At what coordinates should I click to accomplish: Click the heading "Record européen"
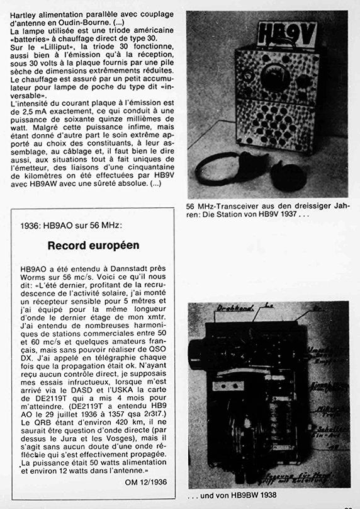point(93,246)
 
